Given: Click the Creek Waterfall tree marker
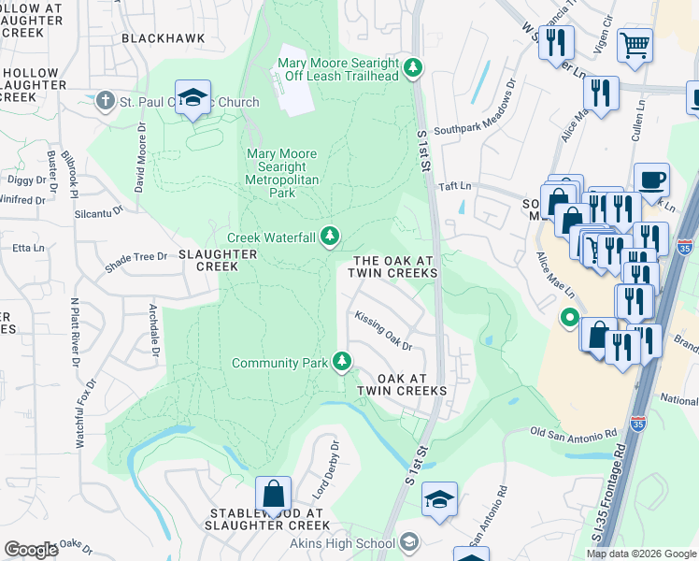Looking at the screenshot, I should (329, 237).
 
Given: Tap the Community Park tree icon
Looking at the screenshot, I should (343, 362).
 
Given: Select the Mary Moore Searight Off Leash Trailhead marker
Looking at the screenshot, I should (413, 67).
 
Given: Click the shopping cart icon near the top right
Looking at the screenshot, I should (635, 44).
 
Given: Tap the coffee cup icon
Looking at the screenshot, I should (651, 179).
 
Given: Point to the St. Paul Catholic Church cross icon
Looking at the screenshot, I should (107, 99).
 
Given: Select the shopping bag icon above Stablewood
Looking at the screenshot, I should (273, 493).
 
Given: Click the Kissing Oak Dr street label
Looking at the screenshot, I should (384, 332).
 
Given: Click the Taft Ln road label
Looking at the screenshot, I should (458, 186).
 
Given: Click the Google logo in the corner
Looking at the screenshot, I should (31, 549).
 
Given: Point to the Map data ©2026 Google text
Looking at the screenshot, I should (639, 553).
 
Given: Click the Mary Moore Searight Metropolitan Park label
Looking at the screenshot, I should (281, 173).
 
